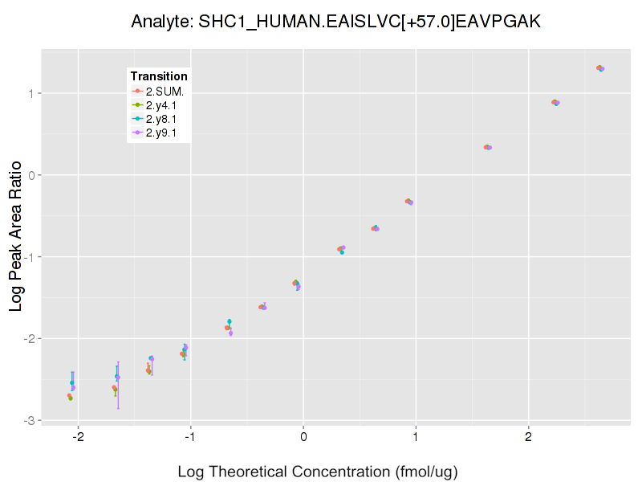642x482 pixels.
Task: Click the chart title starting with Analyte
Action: click(x=336, y=22)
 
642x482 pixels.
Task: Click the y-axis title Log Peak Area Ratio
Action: click(x=16, y=235)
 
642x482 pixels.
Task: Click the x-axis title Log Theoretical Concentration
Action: click(x=318, y=471)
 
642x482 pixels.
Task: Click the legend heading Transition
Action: click(x=159, y=76)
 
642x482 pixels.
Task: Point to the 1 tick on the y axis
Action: click(x=30, y=93)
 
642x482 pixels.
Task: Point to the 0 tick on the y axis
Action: click(x=30, y=175)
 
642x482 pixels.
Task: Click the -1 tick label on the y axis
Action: click(x=27, y=257)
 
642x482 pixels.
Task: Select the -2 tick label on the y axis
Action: click(x=27, y=338)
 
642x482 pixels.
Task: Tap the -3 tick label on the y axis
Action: click(x=27, y=420)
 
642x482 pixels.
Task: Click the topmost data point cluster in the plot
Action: click(x=600, y=68)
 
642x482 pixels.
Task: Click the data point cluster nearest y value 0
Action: click(x=487, y=147)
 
